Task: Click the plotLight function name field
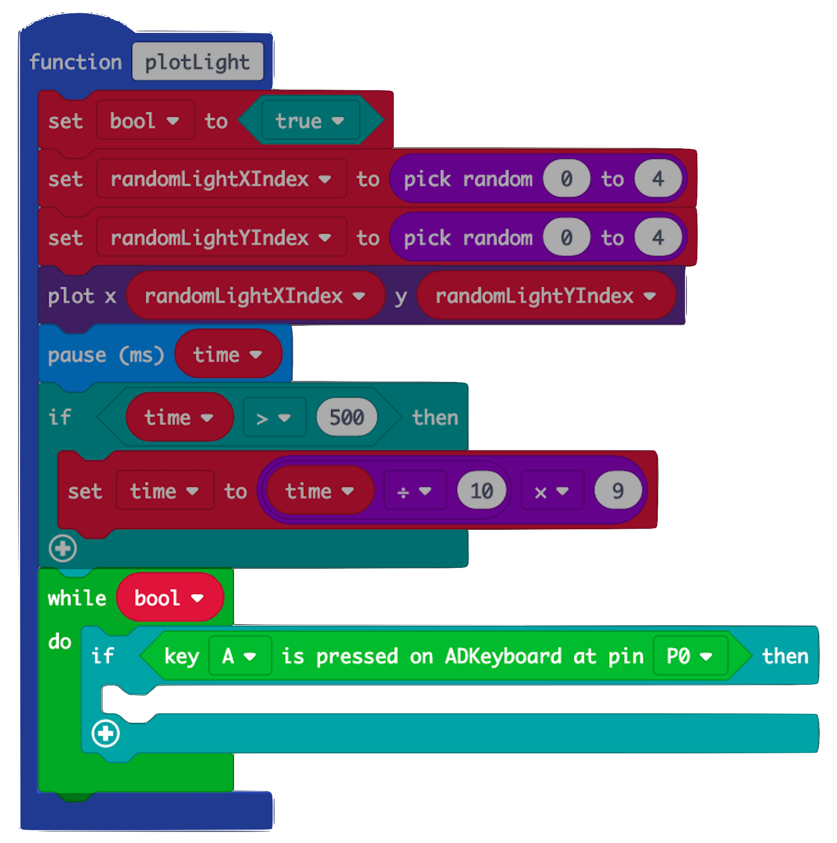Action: (x=197, y=62)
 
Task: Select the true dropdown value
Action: (x=310, y=121)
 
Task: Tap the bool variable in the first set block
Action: (x=145, y=121)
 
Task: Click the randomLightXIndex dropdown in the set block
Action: (x=221, y=180)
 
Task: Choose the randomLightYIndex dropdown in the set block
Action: (x=221, y=238)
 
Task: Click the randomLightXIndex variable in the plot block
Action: (x=255, y=296)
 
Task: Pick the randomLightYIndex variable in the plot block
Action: (x=546, y=296)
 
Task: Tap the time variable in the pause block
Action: (x=228, y=355)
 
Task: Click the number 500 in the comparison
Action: (x=347, y=418)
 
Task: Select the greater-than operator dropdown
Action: (x=274, y=418)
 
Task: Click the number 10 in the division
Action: (x=481, y=491)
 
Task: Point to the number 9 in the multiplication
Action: (x=618, y=491)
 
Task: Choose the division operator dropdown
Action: (x=414, y=491)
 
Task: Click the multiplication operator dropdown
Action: (x=551, y=491)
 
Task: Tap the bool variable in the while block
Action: (x=169, y=598)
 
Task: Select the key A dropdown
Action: (x=239, y=657)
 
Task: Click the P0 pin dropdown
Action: (x=690, y=657)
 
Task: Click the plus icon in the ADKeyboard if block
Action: (x=105, y=733)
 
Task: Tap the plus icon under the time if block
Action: (x=62, y=548)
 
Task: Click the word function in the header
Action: (x=76, y=62)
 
